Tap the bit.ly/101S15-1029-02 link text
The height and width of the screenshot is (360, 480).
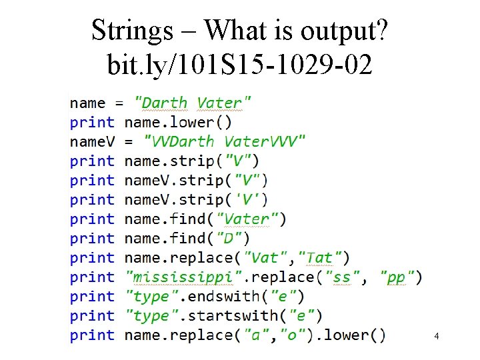pos(239,65)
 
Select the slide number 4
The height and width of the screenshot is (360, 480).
pos(436,337)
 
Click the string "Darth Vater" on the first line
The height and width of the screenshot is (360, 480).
pos(193,103)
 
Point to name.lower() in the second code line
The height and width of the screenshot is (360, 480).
pos(178,122)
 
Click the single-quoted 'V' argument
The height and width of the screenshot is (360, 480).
pos(254,199)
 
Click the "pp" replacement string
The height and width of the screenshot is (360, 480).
pos(396,277)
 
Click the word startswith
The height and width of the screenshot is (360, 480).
pos(229,315)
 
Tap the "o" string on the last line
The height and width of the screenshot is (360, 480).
pos(293,335)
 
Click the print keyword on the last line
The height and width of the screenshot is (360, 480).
pos(92,335)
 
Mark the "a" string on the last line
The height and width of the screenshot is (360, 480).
pos(255,335)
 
